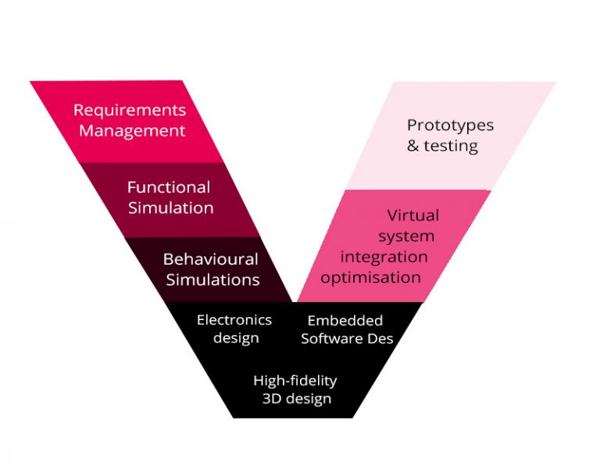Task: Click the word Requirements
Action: coord(130,110)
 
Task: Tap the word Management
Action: coord(132,130)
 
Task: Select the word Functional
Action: coord(169,187)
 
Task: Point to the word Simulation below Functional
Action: coord(171,208)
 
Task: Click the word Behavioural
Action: coord(210,258)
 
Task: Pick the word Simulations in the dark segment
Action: coord(212,279)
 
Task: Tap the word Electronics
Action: coord(234,320)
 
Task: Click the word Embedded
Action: coord(345,321)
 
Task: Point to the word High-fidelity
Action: coord(295,380)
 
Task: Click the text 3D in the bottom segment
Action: coord(273,399)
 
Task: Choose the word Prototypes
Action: coord(451,125)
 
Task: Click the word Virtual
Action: coord(413,215)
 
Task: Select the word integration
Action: coord(384,256)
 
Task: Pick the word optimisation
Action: coord(371,277)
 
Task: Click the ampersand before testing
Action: coord(414,146)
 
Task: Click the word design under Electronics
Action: coord(236,338)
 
